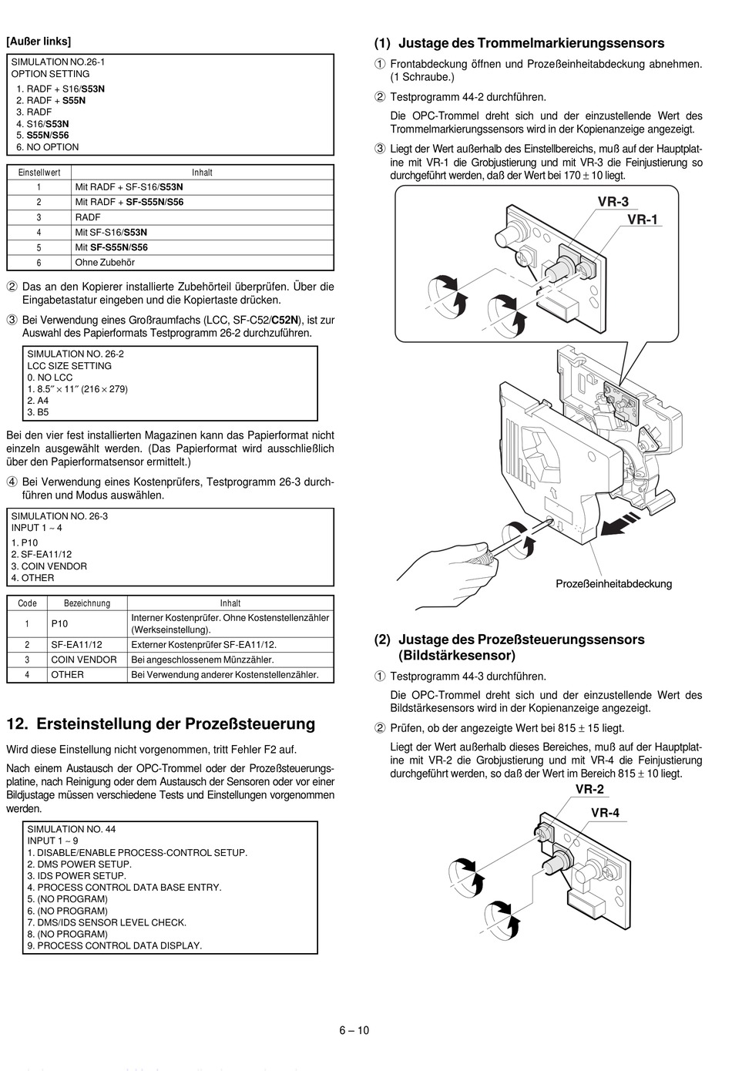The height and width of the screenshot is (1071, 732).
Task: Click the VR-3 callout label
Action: coord(613,202)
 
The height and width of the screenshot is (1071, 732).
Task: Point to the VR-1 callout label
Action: coord(643,220)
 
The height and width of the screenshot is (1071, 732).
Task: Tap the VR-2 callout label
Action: coord(589,790)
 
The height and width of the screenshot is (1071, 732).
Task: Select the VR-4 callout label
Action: coord(606,813)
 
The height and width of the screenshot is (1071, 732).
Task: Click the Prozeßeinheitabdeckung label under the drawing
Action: coord(614,584)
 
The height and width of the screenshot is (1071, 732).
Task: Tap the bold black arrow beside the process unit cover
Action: coord(620,525)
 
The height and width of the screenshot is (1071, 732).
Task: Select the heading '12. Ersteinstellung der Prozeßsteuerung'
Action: coord(160,724)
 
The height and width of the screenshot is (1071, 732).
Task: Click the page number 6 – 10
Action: coord(354,1030)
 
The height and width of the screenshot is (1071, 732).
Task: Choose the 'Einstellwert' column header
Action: coord(39,173)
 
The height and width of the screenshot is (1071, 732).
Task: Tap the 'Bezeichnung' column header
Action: coord(87,603)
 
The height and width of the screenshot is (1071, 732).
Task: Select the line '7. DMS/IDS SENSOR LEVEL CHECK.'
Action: coord(106,922)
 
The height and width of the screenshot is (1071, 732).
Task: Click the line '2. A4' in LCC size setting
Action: coord(38,401)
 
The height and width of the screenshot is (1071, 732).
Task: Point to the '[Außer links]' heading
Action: coord(39,42)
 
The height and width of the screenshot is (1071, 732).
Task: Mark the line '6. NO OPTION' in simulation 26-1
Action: coord(47,147)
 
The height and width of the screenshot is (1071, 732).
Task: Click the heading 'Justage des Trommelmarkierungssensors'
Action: coord(531,43)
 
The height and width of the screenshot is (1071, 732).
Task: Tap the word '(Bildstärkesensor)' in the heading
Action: coord(457,656)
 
